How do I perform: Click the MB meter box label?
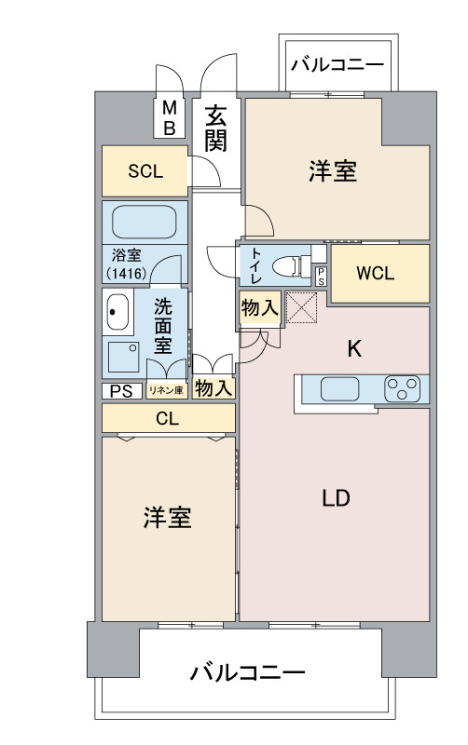click(170, 118)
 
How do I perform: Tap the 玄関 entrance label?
click(215, 129)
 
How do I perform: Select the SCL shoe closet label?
click(145, 171)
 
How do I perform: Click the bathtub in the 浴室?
click(145, 222)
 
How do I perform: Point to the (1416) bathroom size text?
click(126, 273)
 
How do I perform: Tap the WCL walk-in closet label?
click(376, 273)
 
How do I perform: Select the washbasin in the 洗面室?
click(117, 312)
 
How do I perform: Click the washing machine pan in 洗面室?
click(123, 357)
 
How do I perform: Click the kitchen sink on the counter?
click(339, 388)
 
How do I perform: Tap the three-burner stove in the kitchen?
click(403, 388)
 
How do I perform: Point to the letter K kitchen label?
click(354, 348)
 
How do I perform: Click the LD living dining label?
click(337, 498)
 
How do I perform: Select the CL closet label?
click(168, 418)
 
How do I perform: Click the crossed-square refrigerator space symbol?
click(301, 307)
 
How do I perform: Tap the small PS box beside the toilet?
click(322, 276)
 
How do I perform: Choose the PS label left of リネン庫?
click(121, 391)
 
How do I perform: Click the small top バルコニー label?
click(337, 64)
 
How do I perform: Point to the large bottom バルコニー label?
click(247, 672)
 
